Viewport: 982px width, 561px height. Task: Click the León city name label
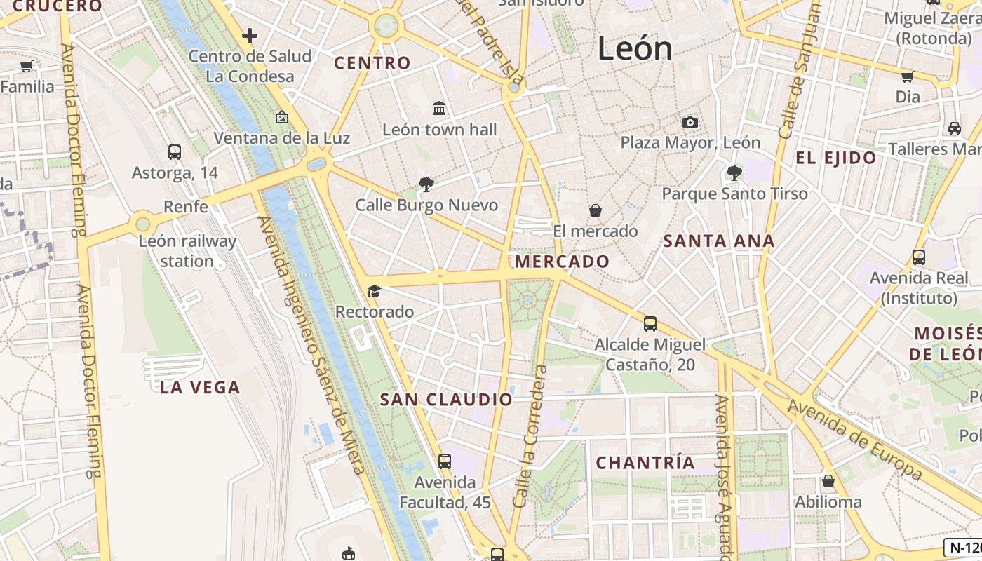tap(635, 48)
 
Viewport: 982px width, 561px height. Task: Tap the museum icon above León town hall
tap(439, 108)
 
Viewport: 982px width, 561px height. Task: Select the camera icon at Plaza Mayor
tap(690, 122)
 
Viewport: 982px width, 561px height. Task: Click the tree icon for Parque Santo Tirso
tap(734, 173)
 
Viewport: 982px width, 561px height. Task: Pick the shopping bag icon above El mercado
tap(595, 210)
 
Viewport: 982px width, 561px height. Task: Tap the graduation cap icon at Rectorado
tap(374, 290)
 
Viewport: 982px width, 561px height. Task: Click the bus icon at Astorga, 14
tap(175, 151)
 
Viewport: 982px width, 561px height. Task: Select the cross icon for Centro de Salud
tap(249, 35)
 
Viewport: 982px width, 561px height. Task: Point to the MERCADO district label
tap(562, 262)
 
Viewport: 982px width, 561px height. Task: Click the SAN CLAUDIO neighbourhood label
tap(446, 400)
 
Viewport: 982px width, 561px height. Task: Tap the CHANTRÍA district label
tap(645, 463)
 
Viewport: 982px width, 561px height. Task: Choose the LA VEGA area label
tap(200, 387)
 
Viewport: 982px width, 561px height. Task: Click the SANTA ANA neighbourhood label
tap(719, 241)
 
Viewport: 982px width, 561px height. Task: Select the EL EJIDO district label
tap(835, 158)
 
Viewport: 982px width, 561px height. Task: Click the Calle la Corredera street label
tap(530, 436)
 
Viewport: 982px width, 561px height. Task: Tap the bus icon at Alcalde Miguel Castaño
tap(650, 324)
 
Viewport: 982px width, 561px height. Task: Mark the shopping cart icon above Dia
tap(907, 76)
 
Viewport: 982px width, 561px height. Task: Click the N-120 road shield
tap(964, 548)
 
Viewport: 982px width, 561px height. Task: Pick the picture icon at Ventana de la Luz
tap(282, 117)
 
